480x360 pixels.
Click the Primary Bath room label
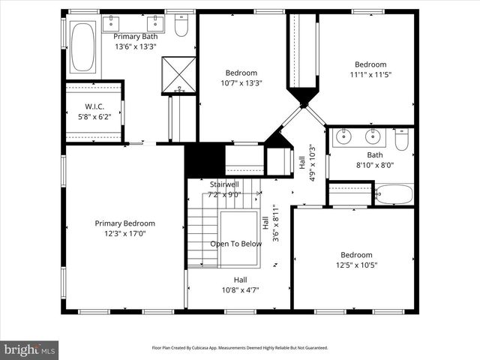pos(135,36)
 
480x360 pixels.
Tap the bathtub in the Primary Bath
pos(82,46)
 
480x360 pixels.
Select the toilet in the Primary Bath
pos(181,26)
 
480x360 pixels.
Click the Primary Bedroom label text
pos(124,223)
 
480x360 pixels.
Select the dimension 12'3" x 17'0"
pos(124,234)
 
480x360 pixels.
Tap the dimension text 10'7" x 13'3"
pos(241,83)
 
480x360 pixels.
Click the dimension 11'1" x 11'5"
pos(370,75)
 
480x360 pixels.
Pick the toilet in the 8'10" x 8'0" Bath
pos(402,140)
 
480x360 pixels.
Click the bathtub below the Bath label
pos(394,194)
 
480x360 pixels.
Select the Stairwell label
pos(224,184)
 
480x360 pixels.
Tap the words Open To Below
pos(235,244)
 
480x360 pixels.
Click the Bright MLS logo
pos(29,349)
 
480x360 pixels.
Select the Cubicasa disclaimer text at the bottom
pos(240,348)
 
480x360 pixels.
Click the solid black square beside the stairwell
pos(205,160)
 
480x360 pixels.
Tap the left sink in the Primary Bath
pos(112,20)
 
